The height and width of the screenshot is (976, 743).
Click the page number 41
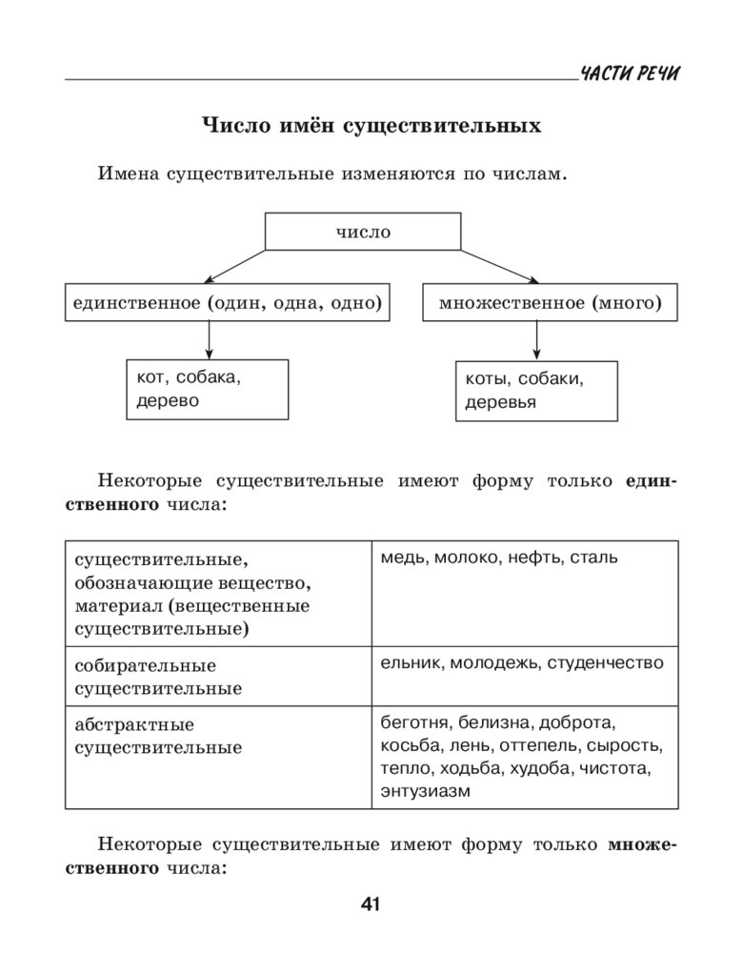371,905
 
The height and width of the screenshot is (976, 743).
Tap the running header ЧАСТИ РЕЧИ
631,75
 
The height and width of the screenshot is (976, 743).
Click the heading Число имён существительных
371,126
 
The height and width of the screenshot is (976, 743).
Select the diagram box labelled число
363,232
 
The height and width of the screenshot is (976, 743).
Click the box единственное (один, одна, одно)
228,302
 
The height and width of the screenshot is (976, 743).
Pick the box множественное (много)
550,302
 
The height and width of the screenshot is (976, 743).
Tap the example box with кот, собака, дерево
207,389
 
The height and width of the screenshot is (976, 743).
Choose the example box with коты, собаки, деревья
535,390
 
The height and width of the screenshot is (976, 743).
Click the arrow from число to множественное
499,267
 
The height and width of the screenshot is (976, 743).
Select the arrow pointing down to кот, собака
210,339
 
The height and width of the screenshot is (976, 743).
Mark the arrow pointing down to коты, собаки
536,340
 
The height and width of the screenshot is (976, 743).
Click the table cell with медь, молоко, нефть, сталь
524,593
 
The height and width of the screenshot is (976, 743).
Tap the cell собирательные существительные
218,677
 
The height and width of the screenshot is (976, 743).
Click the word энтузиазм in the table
425,791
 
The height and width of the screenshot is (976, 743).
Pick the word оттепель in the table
534,745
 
